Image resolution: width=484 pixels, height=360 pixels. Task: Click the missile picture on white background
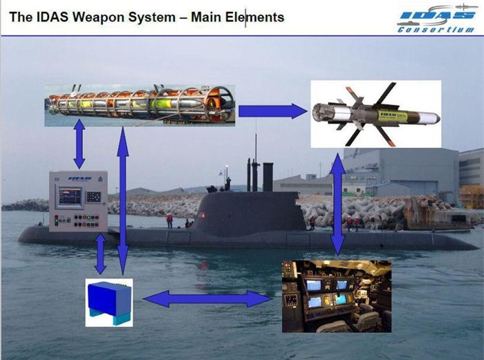click(375, 113)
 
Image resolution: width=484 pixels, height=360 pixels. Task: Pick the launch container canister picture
click(140, 105)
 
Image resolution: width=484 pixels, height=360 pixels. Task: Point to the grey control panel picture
click(78, 201)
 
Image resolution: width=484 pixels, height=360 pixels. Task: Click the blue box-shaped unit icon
click(109, 302)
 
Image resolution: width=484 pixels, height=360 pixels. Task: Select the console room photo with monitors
click(336, 296)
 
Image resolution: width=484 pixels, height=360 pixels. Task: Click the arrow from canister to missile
click(272, 111)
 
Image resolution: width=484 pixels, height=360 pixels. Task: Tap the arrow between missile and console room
click(337, 205)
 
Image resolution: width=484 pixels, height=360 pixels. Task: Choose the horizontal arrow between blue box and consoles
click(207, 299)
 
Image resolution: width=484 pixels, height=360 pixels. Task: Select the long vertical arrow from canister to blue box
click(122, 201)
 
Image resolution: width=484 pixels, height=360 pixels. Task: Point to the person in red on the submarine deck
click(169, 220)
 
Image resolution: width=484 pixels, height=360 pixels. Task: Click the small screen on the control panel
click(69, 197)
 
